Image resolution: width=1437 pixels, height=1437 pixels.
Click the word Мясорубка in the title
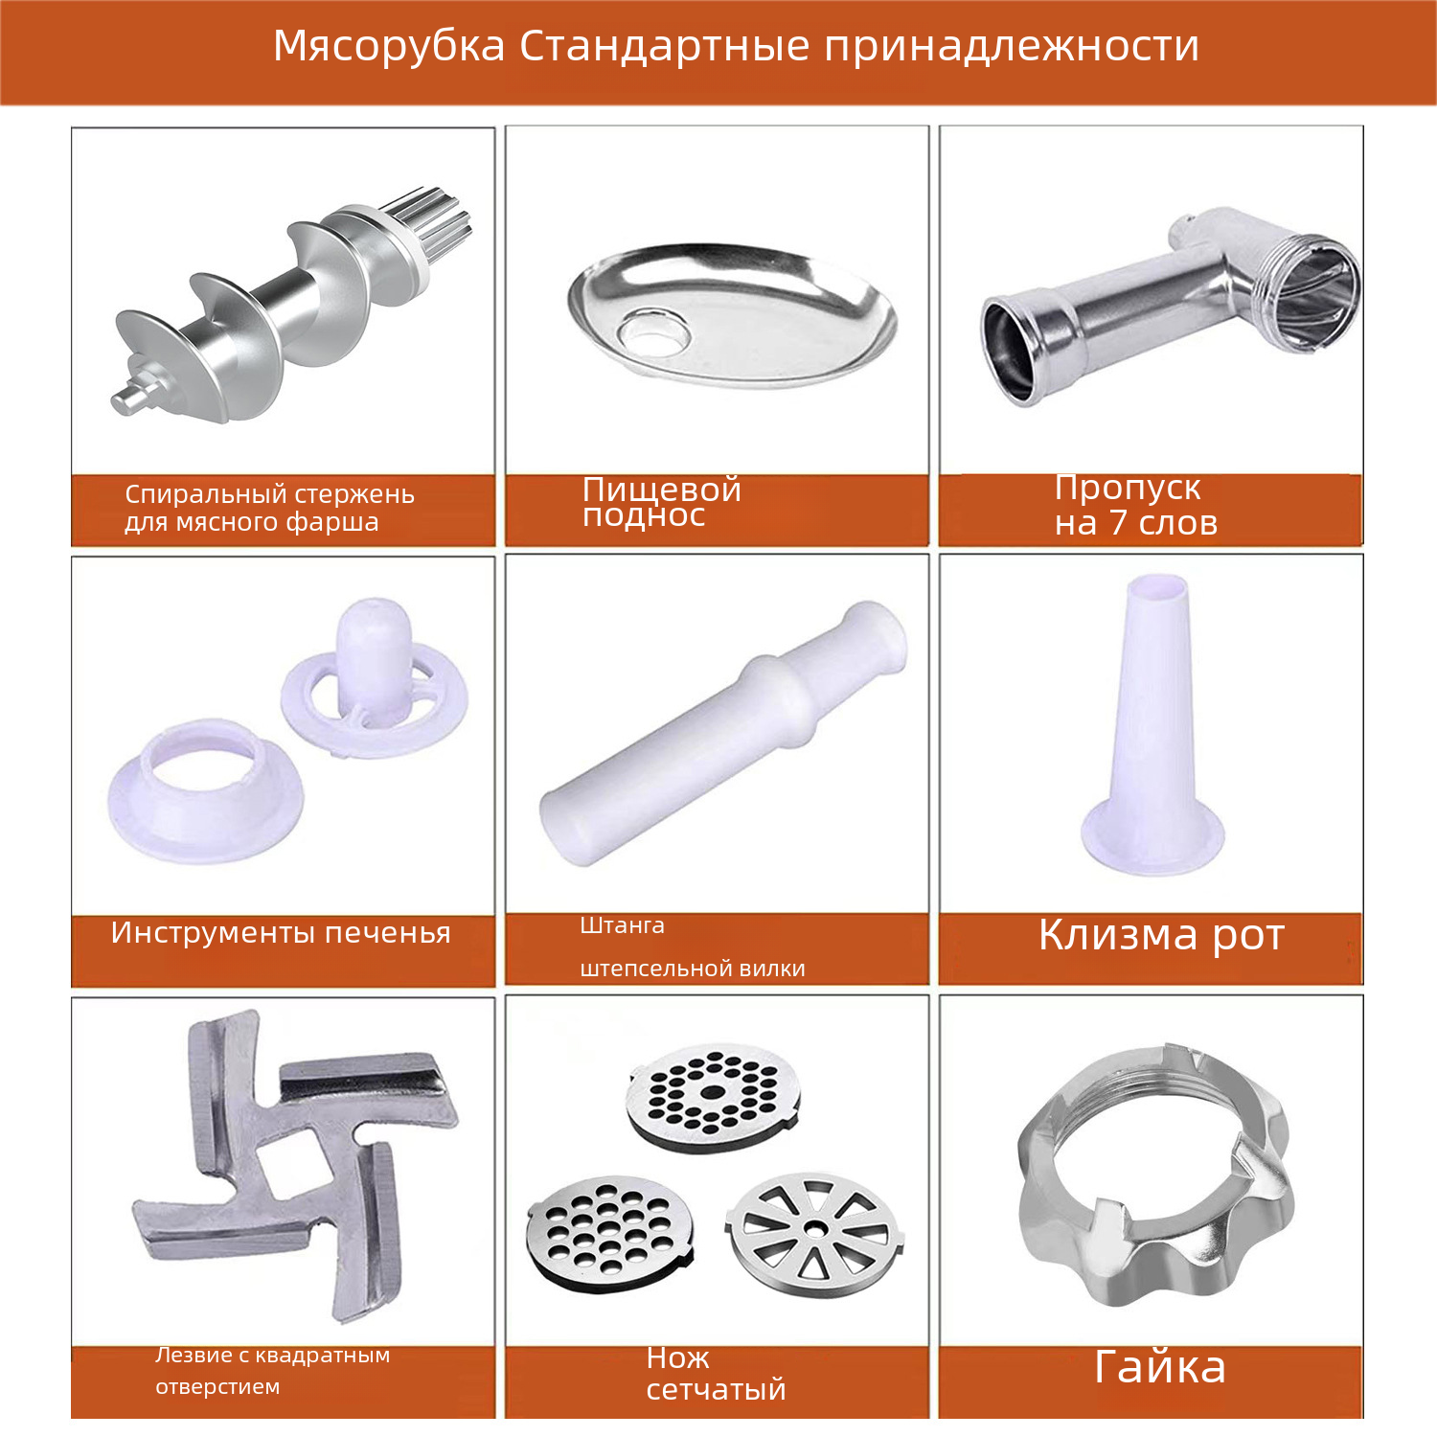coord(389,46)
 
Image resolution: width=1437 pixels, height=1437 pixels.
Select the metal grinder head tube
coord(1170,307)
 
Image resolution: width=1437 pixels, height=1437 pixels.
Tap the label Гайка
coord(1159,1367)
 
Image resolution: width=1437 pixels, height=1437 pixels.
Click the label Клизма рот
coord(1161,935)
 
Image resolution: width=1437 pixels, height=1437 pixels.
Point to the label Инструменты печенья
coord(281,933)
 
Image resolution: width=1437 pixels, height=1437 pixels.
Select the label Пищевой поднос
coord(662,502)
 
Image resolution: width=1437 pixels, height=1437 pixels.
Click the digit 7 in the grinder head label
coord(1118,523)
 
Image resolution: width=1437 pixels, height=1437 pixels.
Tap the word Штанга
coord(622,925)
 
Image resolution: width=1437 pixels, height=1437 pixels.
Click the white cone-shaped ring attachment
coord(206,790)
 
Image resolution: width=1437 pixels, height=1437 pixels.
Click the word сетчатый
coord(716,1390)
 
